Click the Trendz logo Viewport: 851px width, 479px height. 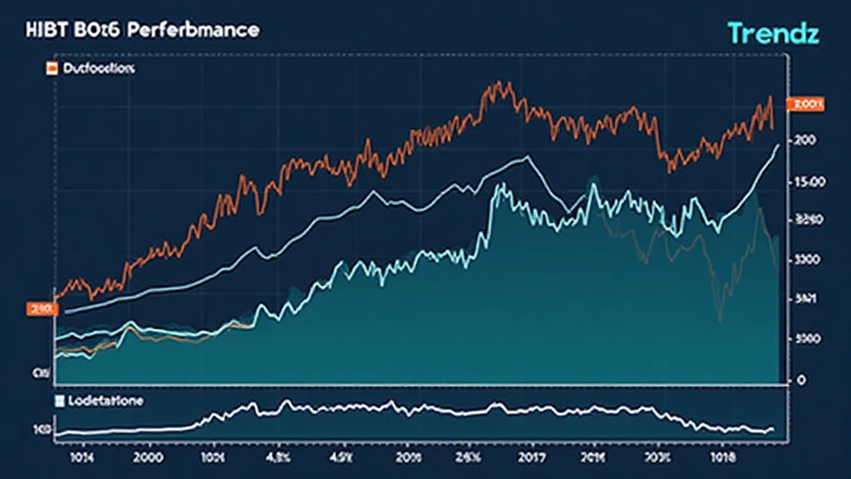click(x=774, y=32)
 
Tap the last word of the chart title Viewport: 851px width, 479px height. click(x=202, y=30)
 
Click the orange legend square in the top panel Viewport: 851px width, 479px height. click(x=51, y=69)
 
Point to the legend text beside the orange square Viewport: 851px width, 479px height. click(x=98, y=69)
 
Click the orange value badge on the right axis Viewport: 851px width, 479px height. click(x=808, y=104)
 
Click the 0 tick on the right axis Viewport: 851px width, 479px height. click(x=803, y=380)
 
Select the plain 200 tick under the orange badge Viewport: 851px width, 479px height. click(x=804, y=141)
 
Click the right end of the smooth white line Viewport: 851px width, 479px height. click(x=778, y=145)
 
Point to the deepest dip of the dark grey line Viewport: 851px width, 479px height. click(x=720, y=320)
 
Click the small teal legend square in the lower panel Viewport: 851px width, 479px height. click(x=59, y=401)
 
